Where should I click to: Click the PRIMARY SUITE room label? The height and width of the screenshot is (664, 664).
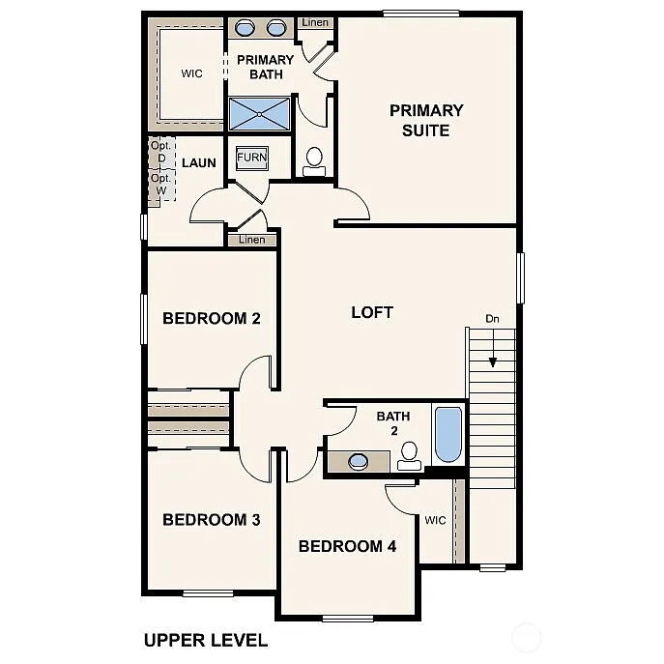tap(426, 120)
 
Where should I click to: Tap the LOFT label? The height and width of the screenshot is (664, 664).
tap(372, 312)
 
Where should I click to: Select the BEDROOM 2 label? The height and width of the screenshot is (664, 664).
tap(211, 318)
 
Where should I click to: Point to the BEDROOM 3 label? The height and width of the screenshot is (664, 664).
tap(211, 520)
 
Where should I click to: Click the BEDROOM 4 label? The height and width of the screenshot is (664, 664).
tap(347, 546)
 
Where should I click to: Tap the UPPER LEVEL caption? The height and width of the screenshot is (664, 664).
tap(205, 639)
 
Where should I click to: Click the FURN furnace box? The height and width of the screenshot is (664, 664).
tap(252, 157)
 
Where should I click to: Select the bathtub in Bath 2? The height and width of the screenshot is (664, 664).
tap(447, 434)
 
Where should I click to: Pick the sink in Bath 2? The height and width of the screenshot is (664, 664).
tap(359, 461)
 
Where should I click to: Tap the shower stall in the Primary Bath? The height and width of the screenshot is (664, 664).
tap(258, 115)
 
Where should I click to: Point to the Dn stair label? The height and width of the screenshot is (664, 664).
tap(492, 318)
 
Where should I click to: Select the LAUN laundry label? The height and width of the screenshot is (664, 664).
tap(199, 162)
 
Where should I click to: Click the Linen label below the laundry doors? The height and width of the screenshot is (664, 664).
tap(251, 240)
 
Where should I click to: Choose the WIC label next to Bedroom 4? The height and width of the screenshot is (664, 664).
tap(435, 520)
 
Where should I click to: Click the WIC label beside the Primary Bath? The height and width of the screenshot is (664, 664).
tap(191, 73)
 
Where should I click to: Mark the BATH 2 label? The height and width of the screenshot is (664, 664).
tap(393, 422)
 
